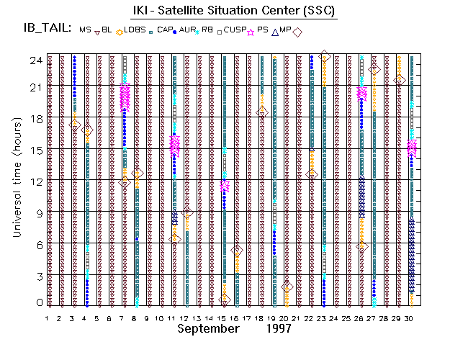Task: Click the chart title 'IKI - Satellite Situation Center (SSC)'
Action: (234, 11)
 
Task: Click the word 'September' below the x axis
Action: (208, 328)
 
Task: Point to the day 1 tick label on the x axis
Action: (48, 318)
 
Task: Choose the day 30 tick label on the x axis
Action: (410, 318)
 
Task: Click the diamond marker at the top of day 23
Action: (325, 57)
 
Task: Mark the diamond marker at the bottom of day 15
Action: (225, 300)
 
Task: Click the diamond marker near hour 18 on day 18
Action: (262, 112)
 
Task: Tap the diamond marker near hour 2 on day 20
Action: (287, 287)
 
